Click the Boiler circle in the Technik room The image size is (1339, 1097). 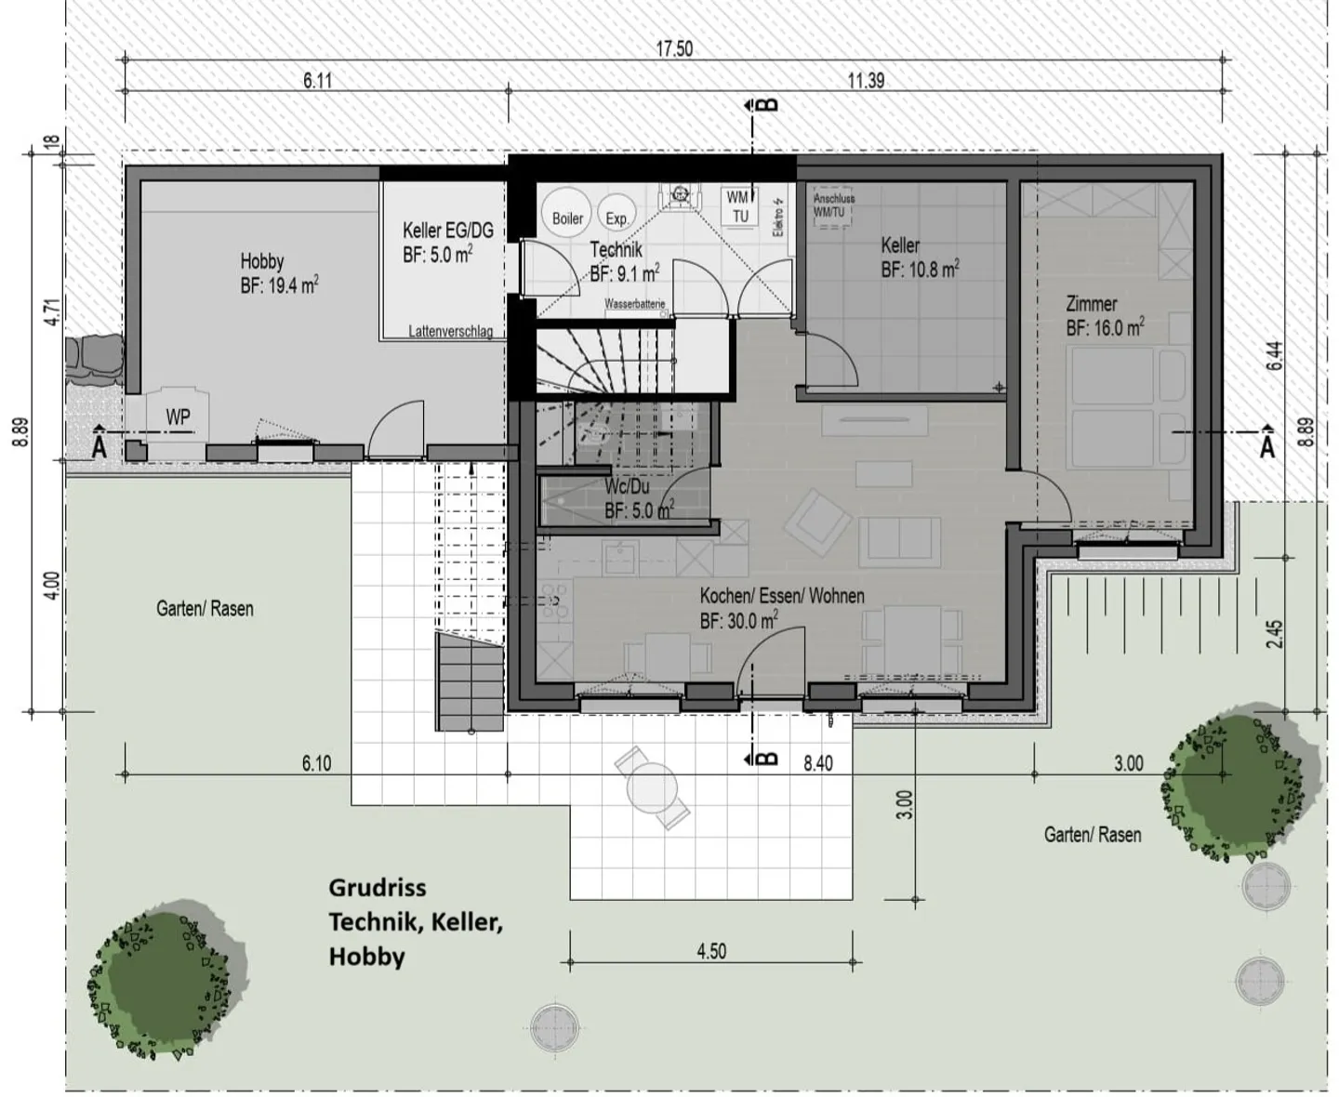pyautogui.click(x=567, y=216)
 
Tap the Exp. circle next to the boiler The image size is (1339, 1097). pyautogui.click(x=616, y=215)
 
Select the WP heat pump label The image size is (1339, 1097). pyautogui.click(x=178, y=417)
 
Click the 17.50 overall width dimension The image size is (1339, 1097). pyautogui.click(x=674, y=48)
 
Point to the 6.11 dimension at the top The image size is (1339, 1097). pyautogui.click(x=317, y=81)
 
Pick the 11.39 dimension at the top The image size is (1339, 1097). pyautogui.click(x=865, y=81)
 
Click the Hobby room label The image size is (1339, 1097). pyautogui.click(x=261, y=261)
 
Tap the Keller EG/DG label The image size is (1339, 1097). pyautogui.click(x=447, y=231)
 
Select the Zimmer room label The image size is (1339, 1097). pyautogui.click(x=1092, y=304)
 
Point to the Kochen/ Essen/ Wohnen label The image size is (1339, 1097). pyautogui.click(x=782, y=596)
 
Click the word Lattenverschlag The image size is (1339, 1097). pyautogui.click(x=451, y=331)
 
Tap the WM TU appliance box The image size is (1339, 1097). pyautogui.click(x=740, y=206)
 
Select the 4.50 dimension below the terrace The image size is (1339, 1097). pyautogui.click(x=711, y=951)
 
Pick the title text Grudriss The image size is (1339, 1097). pyautogui.click(x=377, y=887)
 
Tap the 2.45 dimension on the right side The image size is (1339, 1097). pyautogui.click(x=1274, y=634)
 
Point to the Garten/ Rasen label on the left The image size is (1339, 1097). pyautogui.click(x=205, y=609)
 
